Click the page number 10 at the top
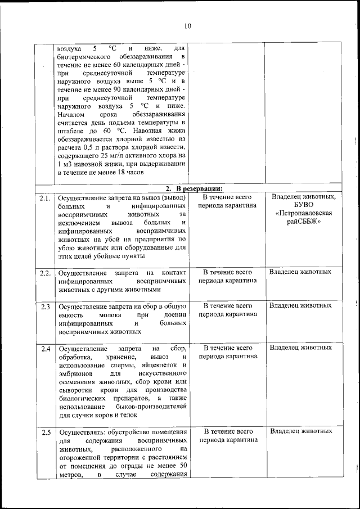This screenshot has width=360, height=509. coord(188,25)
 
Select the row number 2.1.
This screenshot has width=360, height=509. coord(45,198)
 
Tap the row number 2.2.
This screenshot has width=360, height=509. coord(45,273)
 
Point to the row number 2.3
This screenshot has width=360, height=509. coord(45,307)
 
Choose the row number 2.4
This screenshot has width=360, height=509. coord(45,349)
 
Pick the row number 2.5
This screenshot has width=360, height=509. coord(45,432)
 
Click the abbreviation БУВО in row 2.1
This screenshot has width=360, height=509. coord(303,205)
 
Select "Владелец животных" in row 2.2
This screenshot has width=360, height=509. coord(300,272)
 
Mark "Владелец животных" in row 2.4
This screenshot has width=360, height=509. coord(300,348)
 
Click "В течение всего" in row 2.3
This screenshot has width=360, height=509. coord(227,306)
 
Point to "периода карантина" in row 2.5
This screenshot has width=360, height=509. coord(227,440)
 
